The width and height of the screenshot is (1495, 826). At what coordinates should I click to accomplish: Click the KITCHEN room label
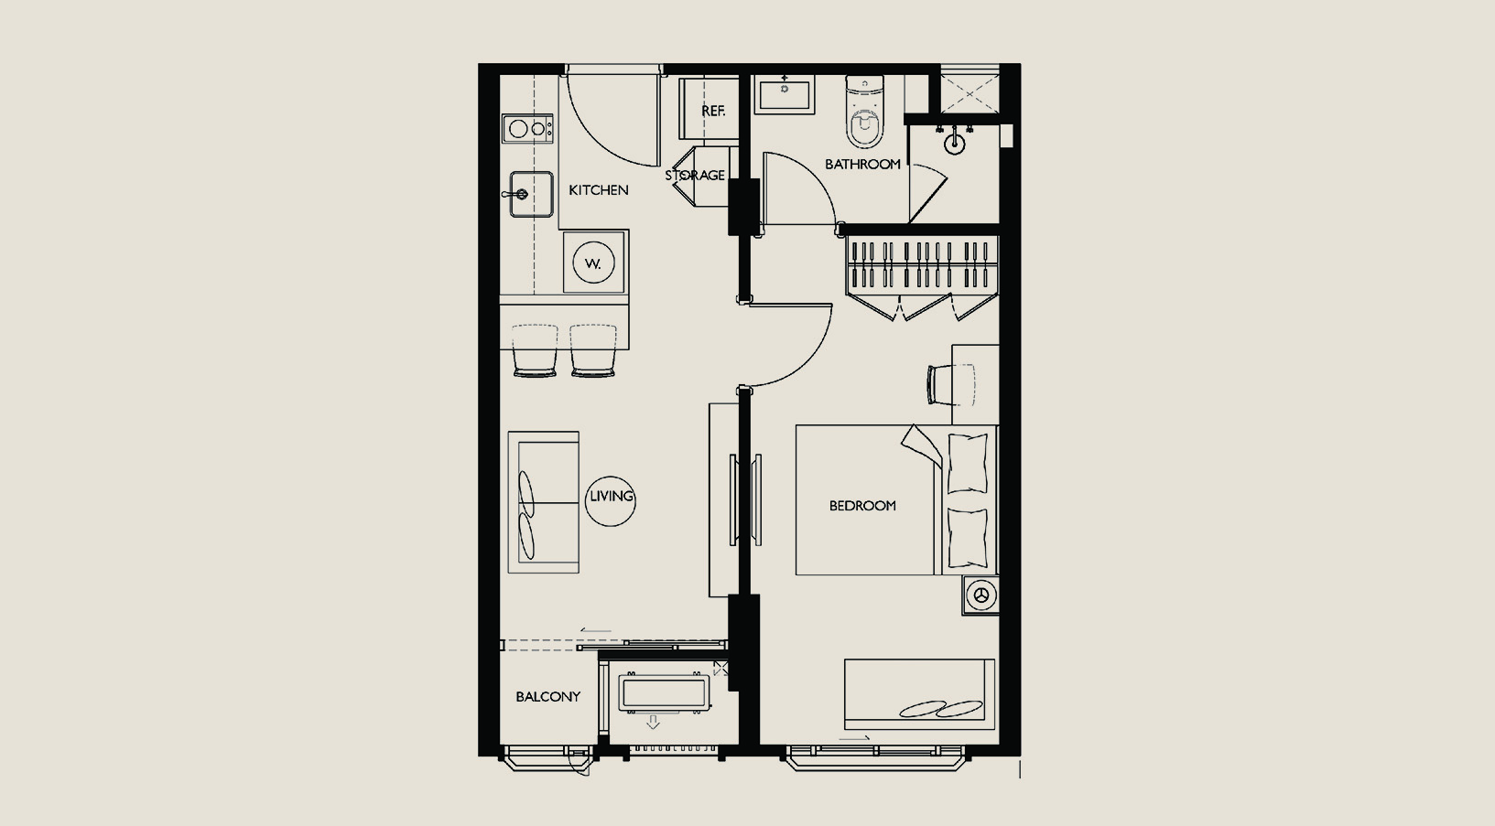coord(598,190)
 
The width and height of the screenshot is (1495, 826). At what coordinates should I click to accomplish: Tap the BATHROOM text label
coord(862,164)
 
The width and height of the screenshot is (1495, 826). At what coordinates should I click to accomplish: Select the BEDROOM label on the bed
coord(862,506)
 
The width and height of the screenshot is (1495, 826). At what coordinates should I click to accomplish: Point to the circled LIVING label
coord(611,496)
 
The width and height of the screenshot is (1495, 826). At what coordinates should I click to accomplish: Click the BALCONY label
coord(548,697)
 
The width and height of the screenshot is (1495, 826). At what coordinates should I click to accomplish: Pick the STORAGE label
coord(695,176)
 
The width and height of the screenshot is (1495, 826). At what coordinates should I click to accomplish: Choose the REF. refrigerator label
coord(713,112)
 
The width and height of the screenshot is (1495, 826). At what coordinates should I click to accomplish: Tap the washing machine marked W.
coord(593,262)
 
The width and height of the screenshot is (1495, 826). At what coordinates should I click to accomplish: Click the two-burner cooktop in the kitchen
coord(528,129)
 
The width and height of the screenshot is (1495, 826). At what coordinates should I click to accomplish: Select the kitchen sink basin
coord(531,194)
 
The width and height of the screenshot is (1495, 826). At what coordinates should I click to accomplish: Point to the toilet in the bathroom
coord(863,111)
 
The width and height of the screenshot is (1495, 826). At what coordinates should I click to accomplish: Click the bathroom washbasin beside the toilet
coord(785,94)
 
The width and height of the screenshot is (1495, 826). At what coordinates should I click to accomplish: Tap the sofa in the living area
coord(543,502)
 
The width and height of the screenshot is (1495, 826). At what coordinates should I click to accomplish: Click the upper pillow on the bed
coord(967,464)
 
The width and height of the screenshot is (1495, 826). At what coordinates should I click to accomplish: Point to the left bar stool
coord(535,350)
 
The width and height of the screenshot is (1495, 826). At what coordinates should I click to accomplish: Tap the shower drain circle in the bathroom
coord(954,144)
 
